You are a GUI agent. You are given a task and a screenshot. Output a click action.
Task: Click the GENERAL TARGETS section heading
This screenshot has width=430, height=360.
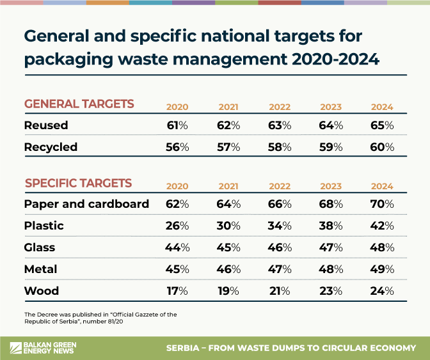[x=79, y=104]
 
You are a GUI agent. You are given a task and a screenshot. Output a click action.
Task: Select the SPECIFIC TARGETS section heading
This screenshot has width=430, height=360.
[x=79, y=184]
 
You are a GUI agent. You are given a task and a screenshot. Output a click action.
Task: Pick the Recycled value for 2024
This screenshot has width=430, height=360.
[x=381, y=147]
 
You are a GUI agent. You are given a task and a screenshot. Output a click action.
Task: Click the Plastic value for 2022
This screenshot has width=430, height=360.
[x=279, y=226]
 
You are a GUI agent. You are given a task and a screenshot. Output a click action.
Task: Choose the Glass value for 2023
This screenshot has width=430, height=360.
[x=331, y=247]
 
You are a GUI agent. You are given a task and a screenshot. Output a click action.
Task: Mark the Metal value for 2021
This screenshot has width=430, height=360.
[x=228, y=269]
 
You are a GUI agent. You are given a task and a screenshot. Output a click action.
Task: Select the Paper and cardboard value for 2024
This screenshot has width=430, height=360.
[x=381, y=204]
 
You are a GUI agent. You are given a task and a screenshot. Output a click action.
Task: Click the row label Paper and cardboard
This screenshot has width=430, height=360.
[x=86, y=204]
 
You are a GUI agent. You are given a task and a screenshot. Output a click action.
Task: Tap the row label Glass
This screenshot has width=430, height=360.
[x=40, y=247]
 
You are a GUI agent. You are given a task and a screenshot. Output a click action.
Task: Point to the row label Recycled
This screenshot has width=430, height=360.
[x=51, y=147]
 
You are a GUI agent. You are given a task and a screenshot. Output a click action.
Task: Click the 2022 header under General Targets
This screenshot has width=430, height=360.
[x=279, y=107]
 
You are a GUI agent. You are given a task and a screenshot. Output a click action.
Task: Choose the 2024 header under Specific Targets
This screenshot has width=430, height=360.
[x=381, y=186]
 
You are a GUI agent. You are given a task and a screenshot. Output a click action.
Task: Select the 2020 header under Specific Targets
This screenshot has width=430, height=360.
[x=177, y=186]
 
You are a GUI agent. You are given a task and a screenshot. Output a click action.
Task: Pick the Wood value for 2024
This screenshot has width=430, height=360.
[x=381, y=291]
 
